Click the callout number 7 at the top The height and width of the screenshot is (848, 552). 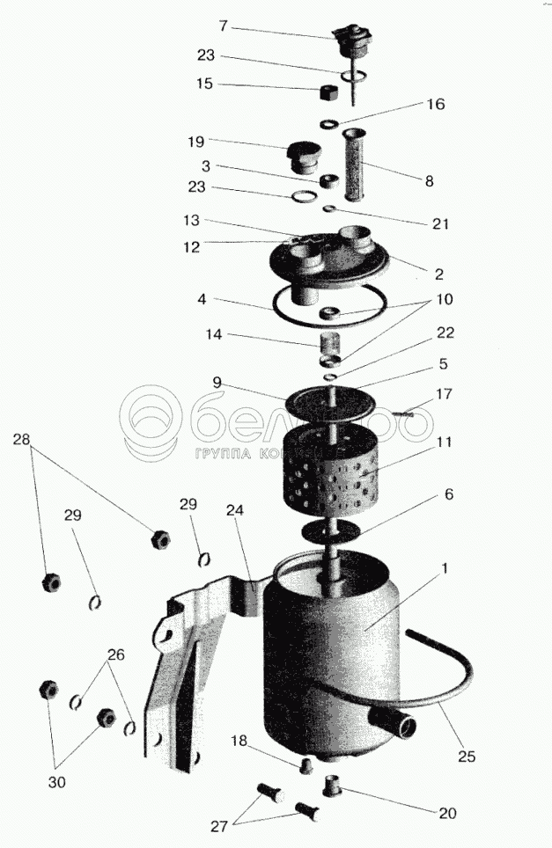pyautogui.click(x=224, y=26)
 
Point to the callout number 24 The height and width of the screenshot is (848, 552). pyautogui.click(x=234, y=509)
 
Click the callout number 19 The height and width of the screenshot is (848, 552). pyautogui.click(x=195, y=141)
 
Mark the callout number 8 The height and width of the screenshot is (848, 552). pyautogui.click(x=430, y=182)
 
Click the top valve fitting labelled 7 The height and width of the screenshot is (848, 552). pyautogui.click(x=353, y=38)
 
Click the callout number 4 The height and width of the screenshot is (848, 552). pyautogui.click(x=202, y=299)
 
